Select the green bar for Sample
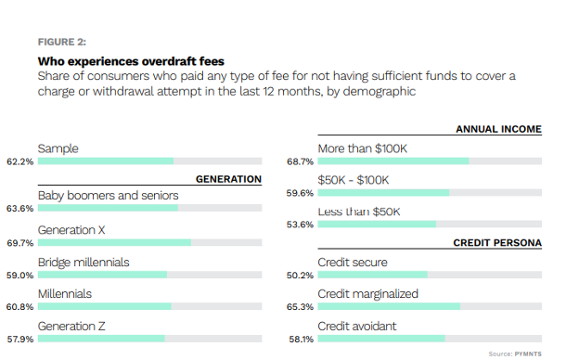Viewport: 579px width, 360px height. tap(105, 161)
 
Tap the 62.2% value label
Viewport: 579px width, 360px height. tap(19, 161)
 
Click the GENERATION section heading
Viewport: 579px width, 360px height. tap(228, 179)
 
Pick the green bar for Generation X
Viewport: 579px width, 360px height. tap(114, 243)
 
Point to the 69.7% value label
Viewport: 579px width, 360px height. tap(19, 243)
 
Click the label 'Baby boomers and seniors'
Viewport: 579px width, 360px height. tap(108, 196)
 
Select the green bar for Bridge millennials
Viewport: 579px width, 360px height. tap(102, 275)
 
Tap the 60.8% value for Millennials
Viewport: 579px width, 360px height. tap(19, 306)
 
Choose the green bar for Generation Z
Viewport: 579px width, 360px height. tap(101, 339)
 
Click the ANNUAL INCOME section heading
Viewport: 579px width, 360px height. tap(498, 130)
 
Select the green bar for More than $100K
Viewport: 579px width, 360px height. tap(393, 161)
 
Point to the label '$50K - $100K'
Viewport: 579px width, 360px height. tap(354, 180)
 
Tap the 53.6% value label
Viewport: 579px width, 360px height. tap(300, 225)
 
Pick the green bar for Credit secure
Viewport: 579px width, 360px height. tap(372, 275)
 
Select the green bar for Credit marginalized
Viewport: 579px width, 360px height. tap(389, 306)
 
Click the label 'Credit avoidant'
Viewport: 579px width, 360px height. tap(357, 326)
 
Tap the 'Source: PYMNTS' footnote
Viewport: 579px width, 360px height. tap(515, 354)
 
